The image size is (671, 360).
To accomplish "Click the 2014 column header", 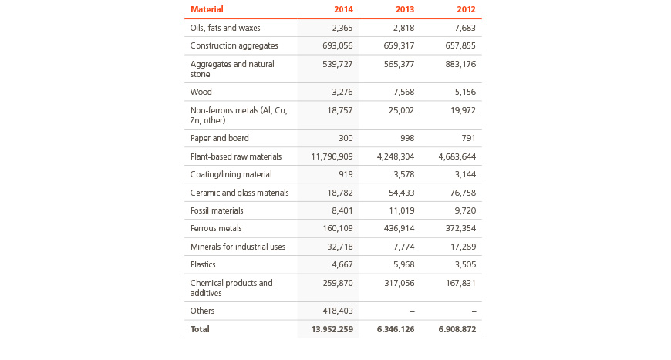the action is pyautogui.click(x=343, y=9).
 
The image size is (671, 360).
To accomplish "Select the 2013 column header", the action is pyautogui.click(x=405, y=9).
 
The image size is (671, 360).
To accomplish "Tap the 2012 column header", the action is pyautogui.click(x=466, y=9).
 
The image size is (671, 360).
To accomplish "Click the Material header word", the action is pyautogui.click(x=207, y=9).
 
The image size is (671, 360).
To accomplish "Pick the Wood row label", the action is pyautogui.click(x=201, y=92).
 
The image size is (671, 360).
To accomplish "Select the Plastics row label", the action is pyautogui.click(x=203, y=264).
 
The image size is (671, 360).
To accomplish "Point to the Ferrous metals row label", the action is pyautogui.click(x=216, y=228).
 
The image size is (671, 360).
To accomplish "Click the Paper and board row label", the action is pyautogui.click(x=220, y=138).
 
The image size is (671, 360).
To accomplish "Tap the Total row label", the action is pyautogui.click(x=200, y=329).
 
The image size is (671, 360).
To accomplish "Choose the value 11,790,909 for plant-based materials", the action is pyautogui.click(x=332, y=156).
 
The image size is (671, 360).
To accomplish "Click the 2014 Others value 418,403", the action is pyautogui.click(x=338, y=311).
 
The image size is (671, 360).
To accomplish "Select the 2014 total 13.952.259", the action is pyautogui.click(x=332, y=329).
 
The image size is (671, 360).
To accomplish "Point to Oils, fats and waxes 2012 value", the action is pyautogui.click(x=464, y=28).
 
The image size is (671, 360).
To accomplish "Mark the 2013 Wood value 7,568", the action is pyautogui.click(x=403, y=92).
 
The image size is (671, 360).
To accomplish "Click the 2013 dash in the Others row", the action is pyautogui.click(x=412, y=311).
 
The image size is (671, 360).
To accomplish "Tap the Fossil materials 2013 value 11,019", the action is pyautogui.click(x=400, y=210).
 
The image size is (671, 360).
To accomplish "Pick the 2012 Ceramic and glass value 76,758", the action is pyautogui.click(x=463, y=193).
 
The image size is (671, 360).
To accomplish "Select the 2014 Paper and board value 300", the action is pyautogui.click(x=346, y=138).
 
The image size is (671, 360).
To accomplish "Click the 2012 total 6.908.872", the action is pyautogui.click(x=457, y=329).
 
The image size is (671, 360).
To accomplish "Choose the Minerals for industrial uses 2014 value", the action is pyautogui.click(x=340, y=247).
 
